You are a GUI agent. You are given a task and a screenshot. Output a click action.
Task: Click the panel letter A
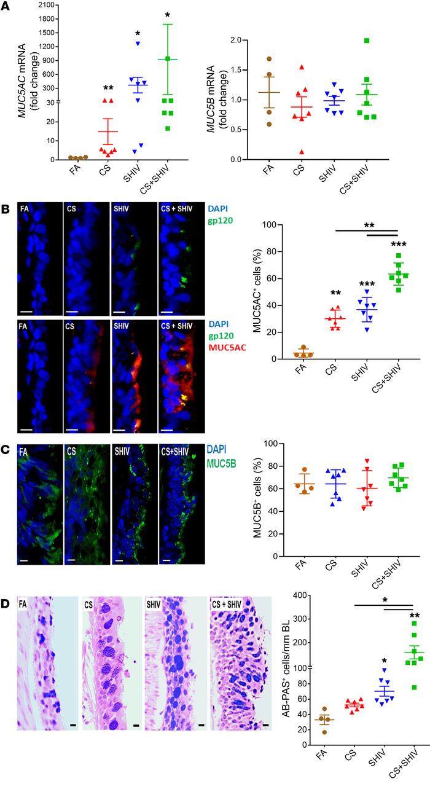point(7,7)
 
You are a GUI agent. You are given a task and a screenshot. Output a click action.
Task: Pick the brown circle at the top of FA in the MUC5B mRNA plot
point(269,59)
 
